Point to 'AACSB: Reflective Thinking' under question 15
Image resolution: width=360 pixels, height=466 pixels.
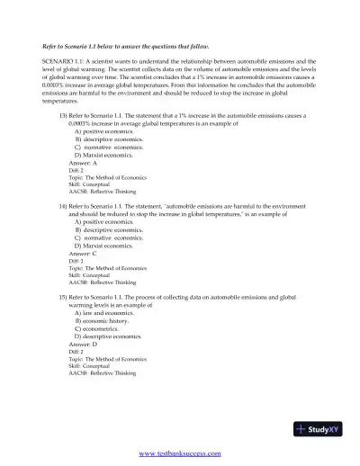click(x=103, y=372)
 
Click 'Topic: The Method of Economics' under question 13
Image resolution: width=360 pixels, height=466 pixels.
click(x=107, y=177)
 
